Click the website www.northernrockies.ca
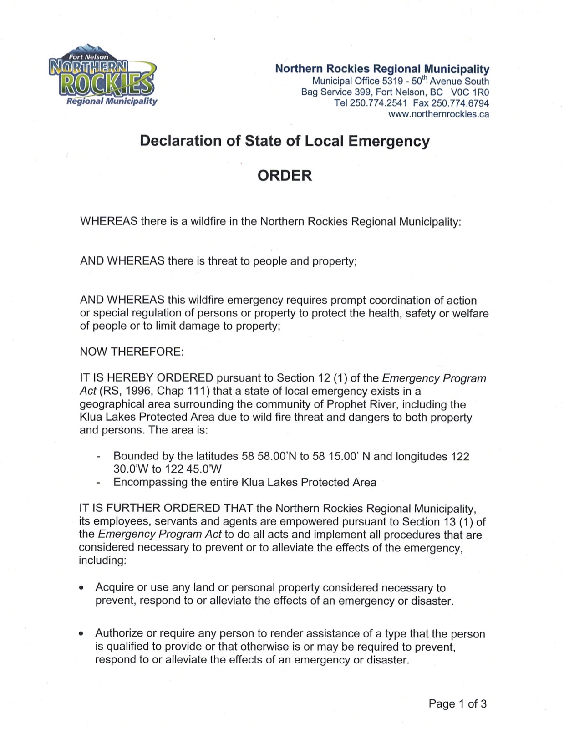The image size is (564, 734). tap(438, 114)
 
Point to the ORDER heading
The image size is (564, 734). tap(285, 175)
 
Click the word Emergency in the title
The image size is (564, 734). tap(389, 141)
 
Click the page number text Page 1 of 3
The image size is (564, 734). tap(457, 704)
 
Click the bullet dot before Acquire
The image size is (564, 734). tap(81, 588)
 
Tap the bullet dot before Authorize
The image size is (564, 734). tap(81, 633)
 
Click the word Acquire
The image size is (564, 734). tap(115, 588)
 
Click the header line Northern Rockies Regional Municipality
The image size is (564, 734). tap(382, 69)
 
